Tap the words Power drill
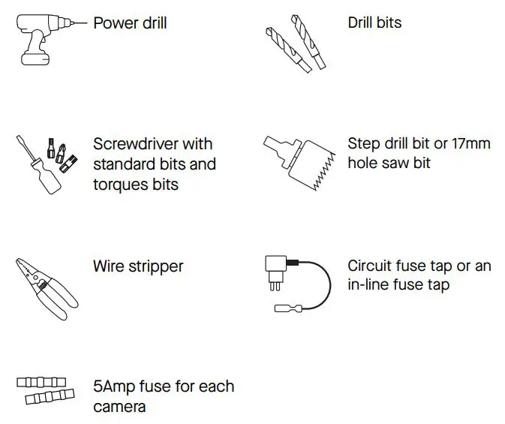tap(130, 23)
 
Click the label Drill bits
tap(374, 23)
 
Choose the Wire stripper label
tap(138, 266)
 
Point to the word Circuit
tap(370, 266)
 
